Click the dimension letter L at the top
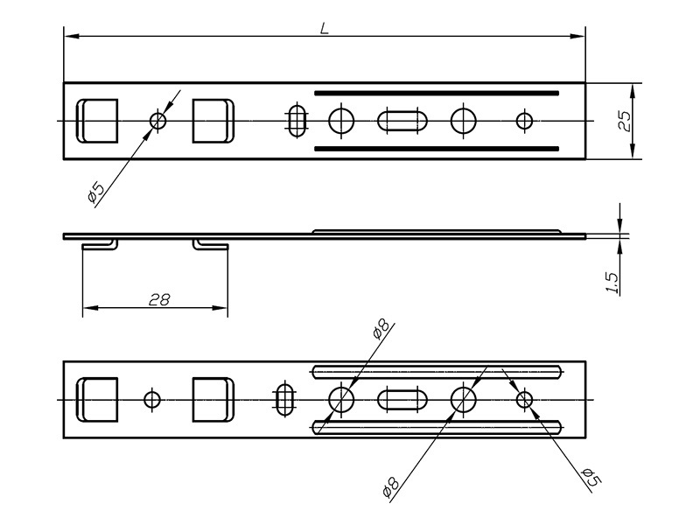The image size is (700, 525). pos(325,29)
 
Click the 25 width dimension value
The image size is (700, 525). pos(625,121)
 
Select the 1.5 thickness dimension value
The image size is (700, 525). pos(612,283)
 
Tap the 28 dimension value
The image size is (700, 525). pos(159,299)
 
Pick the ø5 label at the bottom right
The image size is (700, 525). pos(591,478)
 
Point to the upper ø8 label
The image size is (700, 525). pos(381,330)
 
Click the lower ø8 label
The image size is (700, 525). pos(390,486)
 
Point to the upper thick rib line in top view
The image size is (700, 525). pos(437,94)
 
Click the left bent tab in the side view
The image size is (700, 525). pos(101,245)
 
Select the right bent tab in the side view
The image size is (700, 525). pos(210,245)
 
